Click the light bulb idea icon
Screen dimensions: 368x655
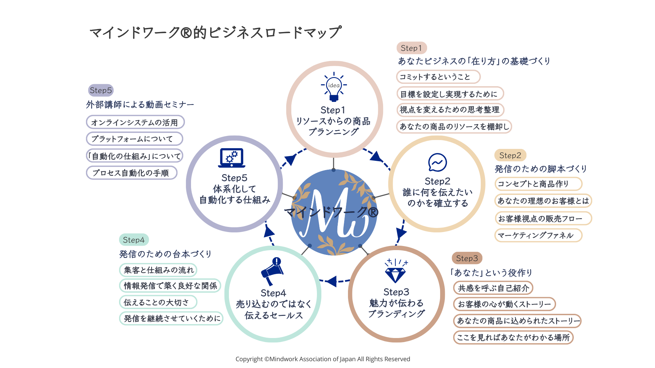click(334, 87)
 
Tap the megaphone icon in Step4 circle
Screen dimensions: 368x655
click(273, 271)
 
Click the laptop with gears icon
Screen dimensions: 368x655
click(232, 158)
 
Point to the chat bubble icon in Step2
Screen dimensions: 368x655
click(437, 163)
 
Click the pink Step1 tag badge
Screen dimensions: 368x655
click(411, 48)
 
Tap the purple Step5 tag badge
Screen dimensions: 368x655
click(101, 90)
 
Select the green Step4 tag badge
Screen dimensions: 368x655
click(134, 240)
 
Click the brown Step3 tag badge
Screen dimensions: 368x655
click(467, 258)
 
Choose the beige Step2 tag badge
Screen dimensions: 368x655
click(510, 155)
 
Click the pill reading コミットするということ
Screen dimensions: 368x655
click(438, 77)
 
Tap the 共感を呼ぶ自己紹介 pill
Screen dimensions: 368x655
click(493, 288)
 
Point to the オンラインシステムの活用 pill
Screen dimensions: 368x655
click(135, 122)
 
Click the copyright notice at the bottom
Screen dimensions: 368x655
click(323, 359)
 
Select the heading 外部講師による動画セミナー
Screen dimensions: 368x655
click(140, 104)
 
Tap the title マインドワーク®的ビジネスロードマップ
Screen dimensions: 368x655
click(215, 32)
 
